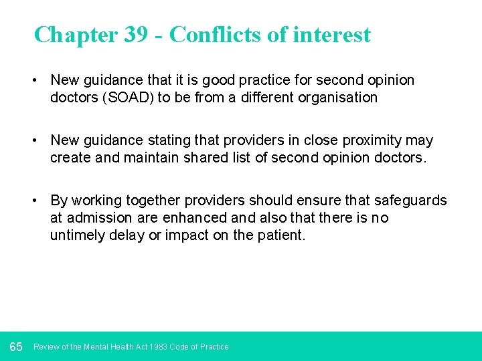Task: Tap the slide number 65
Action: pyautogui.click(x=16, y=346)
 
